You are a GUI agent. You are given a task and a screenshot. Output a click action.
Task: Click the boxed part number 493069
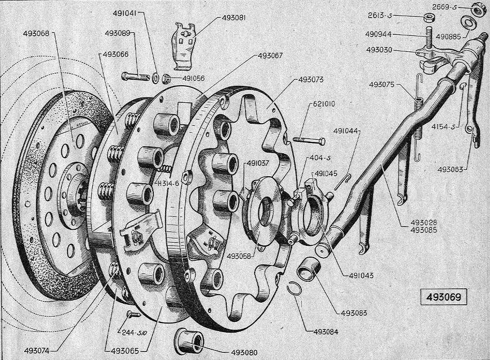443,297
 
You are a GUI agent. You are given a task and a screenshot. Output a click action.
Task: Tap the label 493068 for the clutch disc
36,33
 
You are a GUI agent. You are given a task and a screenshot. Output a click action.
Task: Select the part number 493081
234,18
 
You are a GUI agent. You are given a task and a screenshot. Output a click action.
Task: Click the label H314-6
168,183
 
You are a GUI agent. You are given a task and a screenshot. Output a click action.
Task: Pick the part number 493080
244,352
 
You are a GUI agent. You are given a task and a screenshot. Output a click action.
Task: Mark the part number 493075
382,85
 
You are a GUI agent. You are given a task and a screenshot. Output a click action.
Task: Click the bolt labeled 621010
309,140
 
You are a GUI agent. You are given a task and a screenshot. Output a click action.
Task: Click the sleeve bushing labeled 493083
309,267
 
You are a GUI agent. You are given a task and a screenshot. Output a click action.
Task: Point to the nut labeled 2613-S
428,17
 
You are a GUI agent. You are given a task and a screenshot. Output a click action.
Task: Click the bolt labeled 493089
135,76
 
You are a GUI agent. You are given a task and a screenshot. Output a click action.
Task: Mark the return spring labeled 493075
418,118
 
